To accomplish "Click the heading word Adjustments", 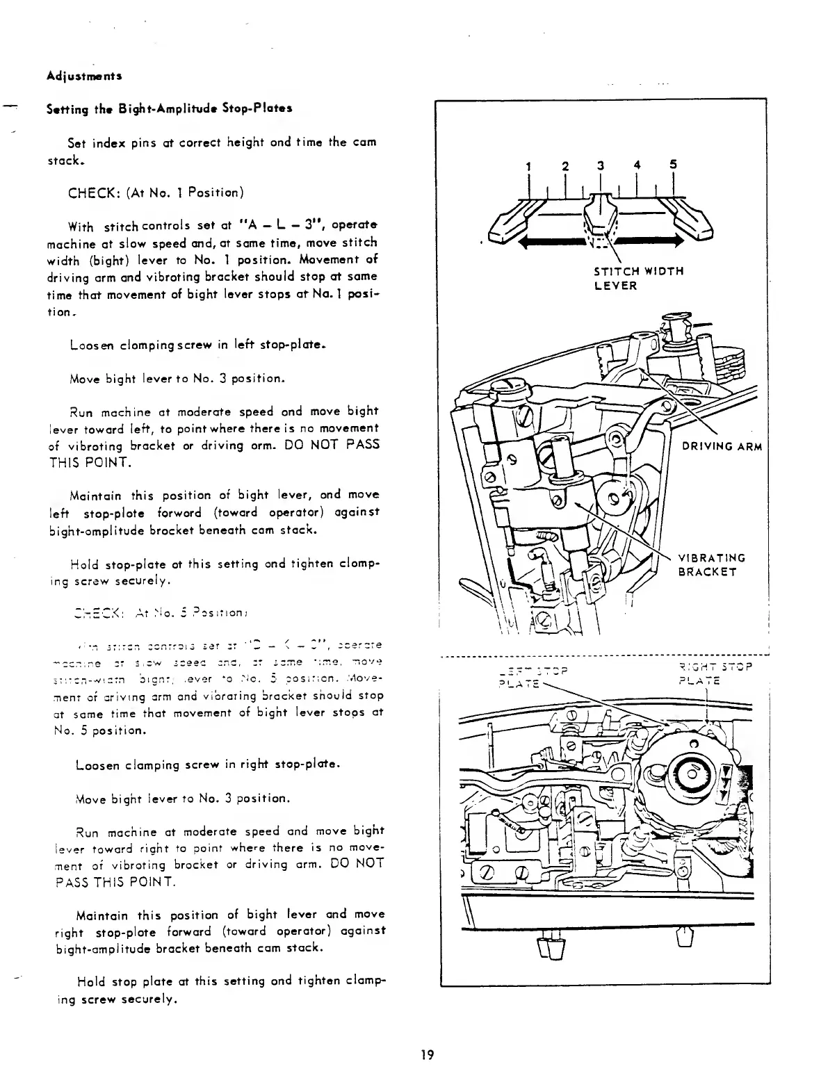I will pyautogui.click(x=76, y=74).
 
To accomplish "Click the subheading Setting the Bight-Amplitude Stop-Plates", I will pyautogui.click(x=169, y=109).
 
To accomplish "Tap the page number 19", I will pyautogui.click(x=427, y=1054).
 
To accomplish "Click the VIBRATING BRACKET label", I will pyautogui.click(x=711, y=564).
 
